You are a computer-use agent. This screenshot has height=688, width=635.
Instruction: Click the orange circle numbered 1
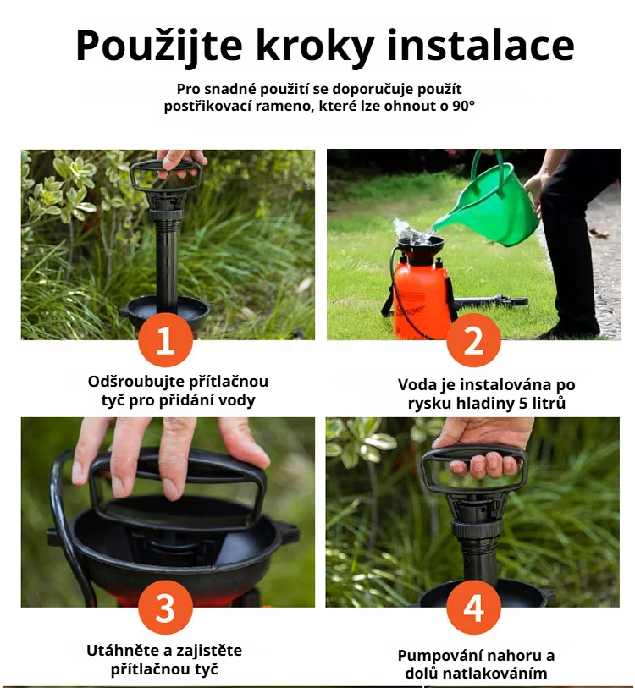pos(166,341)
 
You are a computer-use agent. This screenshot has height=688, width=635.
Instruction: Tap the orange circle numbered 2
pos(473,341)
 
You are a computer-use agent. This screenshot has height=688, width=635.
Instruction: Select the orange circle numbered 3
pos(166,608)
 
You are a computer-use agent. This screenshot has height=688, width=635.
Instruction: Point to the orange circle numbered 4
pos(473,608)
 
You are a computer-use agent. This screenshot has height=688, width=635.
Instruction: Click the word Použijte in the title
pos(159,47)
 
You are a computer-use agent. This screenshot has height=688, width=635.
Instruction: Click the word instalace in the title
pos(481,45)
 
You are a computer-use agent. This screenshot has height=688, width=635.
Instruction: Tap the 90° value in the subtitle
pos(463,106)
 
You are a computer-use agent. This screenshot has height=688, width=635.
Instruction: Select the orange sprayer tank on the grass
pos(421,294)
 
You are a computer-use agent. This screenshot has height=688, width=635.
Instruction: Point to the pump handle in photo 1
pos(166,175)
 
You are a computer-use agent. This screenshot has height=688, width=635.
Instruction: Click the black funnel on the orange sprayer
pos(420,249)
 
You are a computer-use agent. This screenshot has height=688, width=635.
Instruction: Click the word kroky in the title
pos(315,47)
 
